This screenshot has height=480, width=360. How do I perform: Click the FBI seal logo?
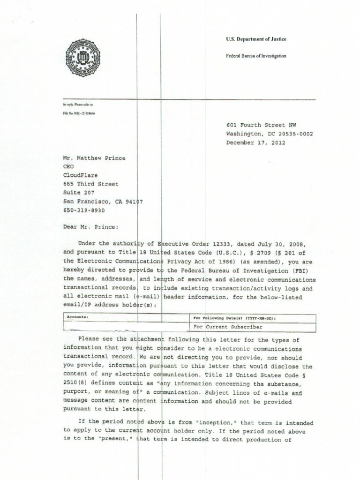pos(83,58)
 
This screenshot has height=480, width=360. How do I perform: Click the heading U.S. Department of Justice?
pos(255,39)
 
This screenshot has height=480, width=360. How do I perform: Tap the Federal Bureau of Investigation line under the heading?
pos(256,56)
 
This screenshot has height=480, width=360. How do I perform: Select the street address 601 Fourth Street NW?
pos(261,125)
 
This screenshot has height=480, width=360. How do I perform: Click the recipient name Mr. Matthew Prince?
pos(94,158)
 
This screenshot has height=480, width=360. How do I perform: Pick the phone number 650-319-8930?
pos(84,210)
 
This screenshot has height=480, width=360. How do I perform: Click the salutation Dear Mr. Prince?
pos(91,227)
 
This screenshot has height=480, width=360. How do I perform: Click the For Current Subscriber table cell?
pos(228,327)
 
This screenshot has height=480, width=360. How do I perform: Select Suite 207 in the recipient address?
pos(79,193)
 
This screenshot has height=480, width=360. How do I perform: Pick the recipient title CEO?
pos(68,166)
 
